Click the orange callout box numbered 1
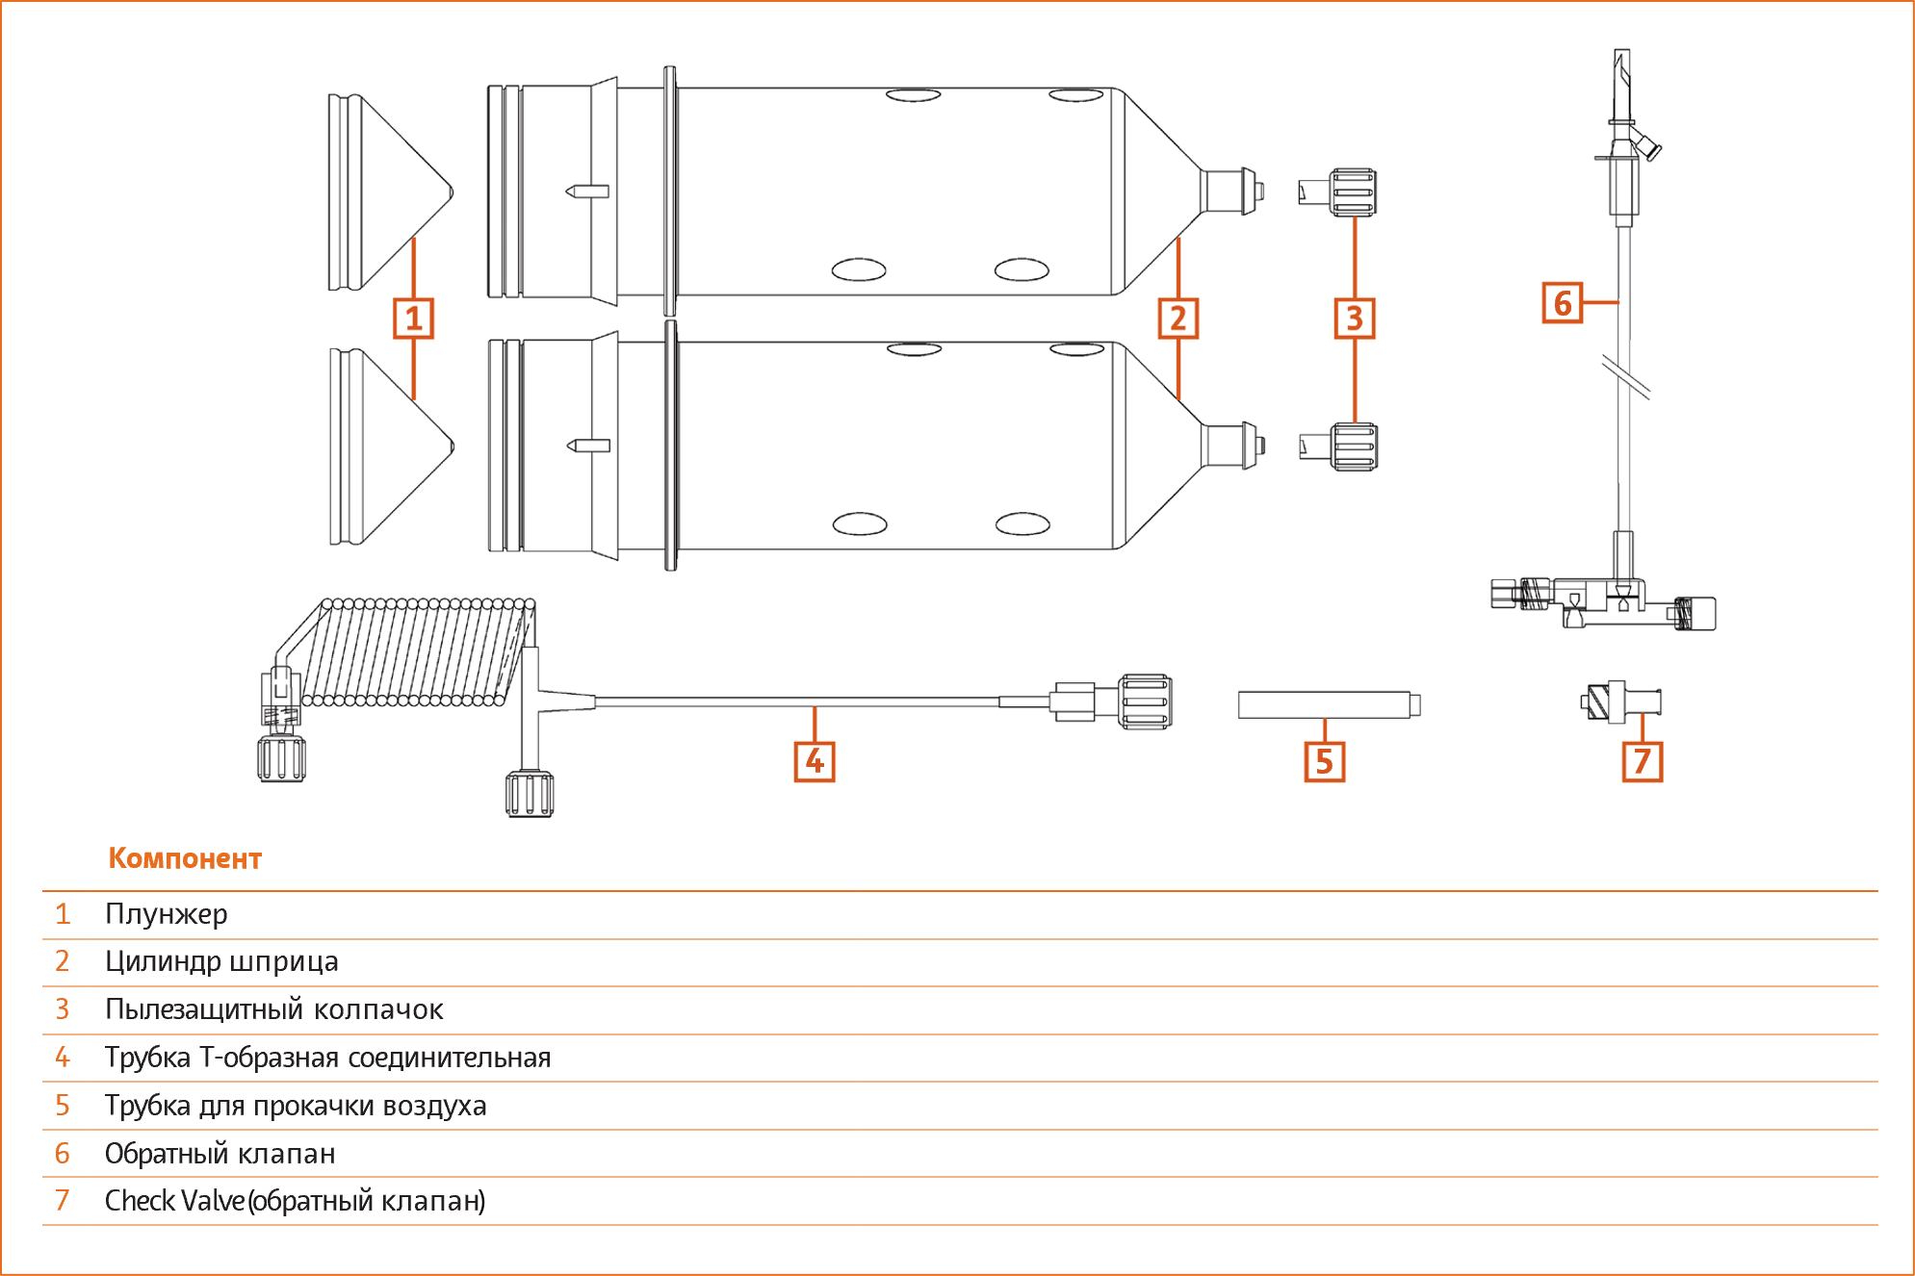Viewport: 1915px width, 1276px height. tap(413, 319)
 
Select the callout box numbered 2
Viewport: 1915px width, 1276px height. tap(1178, 319)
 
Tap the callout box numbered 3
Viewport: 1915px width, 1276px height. tap(1355, 319)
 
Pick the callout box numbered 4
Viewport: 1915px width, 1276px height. tap(815, 761)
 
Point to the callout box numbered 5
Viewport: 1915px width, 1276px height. tap(1324, 761)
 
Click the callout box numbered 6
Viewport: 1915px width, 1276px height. tap(1563, 303)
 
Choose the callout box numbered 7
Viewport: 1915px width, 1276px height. tap(1643, 761)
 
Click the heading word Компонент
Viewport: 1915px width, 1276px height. tap(185, 858)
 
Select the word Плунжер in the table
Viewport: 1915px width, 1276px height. tap(167, 914)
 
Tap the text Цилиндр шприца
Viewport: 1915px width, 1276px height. tap(222, 962)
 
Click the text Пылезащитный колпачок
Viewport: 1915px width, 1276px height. tap(274, 1010)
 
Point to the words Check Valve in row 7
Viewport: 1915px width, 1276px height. tap(175, 1201)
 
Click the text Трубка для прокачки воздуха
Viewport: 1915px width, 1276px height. tap(296, 1106)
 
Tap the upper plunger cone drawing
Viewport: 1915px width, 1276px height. tap(390, 191)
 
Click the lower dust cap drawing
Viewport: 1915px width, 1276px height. tap(1338, 447)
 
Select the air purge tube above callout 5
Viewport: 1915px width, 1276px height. tap(1330, 705)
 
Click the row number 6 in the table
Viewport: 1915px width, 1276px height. tap(63, 1154)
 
